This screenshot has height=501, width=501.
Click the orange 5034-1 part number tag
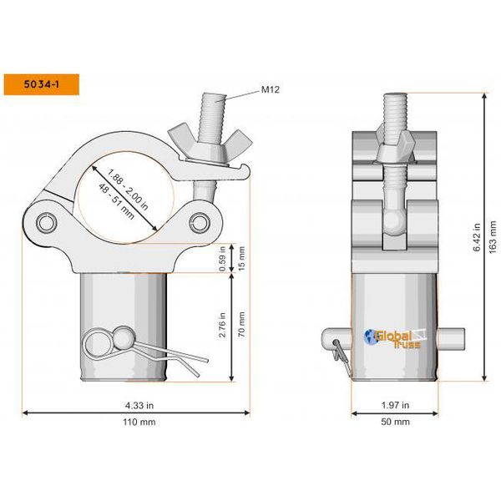(41, 84)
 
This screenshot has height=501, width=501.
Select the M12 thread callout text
(270, 89)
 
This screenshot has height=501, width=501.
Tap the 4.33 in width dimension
(138, 405)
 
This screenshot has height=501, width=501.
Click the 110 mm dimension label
(138, 423)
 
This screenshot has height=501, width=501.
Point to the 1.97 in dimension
(394, 405)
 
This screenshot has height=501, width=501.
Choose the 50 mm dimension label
(394, 423)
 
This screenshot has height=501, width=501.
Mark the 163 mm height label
(493, 237)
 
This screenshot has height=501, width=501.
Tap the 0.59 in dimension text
(223, 257)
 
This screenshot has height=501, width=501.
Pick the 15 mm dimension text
(242, 257)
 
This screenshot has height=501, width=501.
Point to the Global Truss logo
(392, 338)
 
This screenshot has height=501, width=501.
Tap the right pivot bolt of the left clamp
(200, 221)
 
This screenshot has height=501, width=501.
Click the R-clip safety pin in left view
(104, 342)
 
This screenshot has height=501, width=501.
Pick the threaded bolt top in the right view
(396, 109)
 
